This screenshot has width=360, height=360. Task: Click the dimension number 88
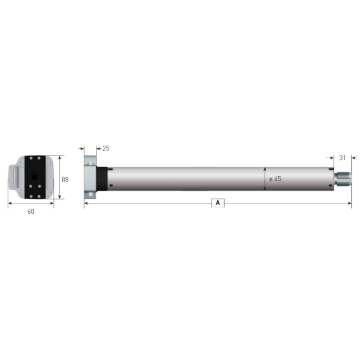point(65,179)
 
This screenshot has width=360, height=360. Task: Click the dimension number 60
point(31,212)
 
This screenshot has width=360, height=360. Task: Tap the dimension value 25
point(106,148)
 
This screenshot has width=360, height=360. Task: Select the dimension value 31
point(343,158)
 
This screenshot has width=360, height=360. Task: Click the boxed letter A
point(218,203)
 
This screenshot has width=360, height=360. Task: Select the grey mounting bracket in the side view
point(90,177)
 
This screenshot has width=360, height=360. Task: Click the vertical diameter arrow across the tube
point(265,178)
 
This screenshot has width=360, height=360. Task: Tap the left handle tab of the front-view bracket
point(13,178)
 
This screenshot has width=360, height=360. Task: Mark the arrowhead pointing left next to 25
point(98,148)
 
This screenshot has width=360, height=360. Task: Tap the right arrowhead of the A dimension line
point(350,203)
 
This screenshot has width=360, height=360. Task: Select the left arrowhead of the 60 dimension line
point(9,203)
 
